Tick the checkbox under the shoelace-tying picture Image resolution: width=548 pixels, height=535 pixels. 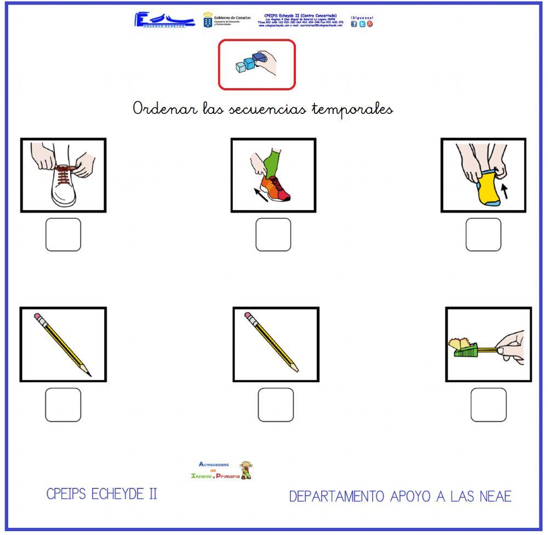[x=63, y=235]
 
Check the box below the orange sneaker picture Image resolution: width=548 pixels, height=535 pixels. [x=273, y=235]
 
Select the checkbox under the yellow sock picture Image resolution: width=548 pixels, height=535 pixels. [x=483, y=235]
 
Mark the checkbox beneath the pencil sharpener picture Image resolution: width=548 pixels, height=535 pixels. [x=488, y=405]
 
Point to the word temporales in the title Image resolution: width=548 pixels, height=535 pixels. [x=352, y=110]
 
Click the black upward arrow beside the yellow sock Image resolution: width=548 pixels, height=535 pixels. [x=505, y=190]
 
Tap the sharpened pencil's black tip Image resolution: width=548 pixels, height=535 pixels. [x=88, y=374]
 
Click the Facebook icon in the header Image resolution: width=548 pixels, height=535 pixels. [x=354, y=24]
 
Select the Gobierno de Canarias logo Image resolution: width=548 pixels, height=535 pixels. [x=226, y=20]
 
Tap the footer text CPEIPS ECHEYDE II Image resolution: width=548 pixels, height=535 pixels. [x=102, y=494]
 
